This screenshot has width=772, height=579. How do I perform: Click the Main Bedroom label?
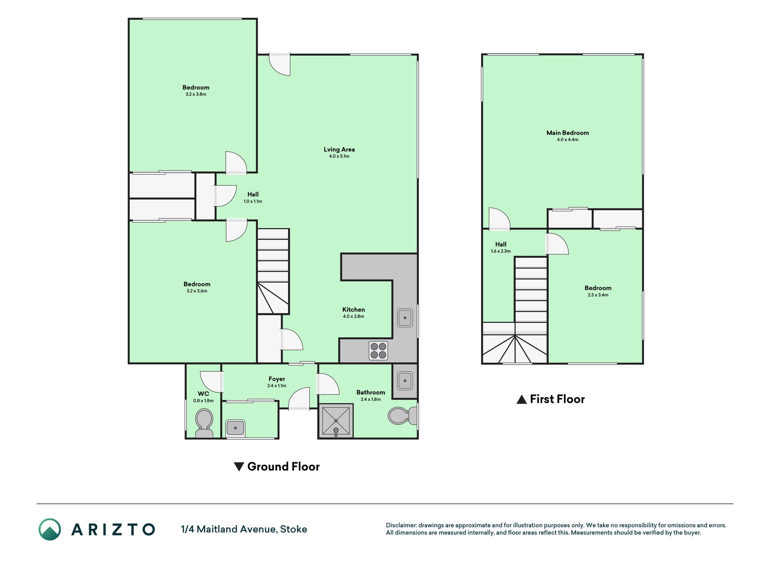point(568,133)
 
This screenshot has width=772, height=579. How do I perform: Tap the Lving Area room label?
point(339,150)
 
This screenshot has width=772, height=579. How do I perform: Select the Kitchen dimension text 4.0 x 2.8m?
point(354,317)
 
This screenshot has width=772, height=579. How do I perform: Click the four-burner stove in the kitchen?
point(379,351)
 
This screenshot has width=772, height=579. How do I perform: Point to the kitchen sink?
point(405,318)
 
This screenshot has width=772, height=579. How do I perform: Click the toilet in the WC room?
point(204,423)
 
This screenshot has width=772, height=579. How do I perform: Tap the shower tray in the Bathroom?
point(336,421)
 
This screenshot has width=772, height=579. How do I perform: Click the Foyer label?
point(277,379)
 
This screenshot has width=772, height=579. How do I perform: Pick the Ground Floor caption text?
point(284,467)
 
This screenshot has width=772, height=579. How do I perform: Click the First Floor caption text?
point(557,399)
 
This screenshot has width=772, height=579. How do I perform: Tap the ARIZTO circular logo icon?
point(50,529)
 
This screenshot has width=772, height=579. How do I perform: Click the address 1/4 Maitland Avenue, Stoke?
point(244,529)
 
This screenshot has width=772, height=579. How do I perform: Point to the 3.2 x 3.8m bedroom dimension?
point(196,95)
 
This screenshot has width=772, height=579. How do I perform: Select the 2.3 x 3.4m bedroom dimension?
point(598,295)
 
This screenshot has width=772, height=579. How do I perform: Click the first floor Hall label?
point(501,244)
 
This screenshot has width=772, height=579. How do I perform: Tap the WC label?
point(204,394)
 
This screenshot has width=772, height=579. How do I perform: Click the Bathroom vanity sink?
point(405,381)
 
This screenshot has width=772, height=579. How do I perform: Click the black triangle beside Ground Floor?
point(239,466)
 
